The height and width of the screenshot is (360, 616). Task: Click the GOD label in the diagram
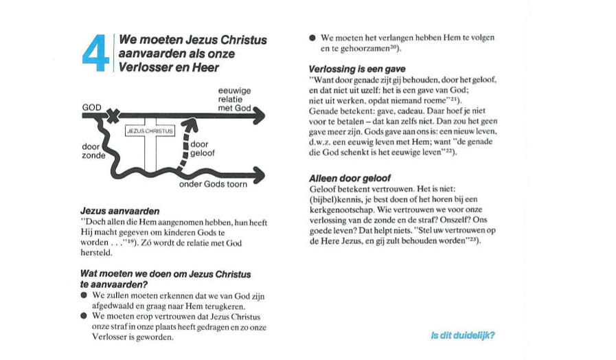[x=91, y=108]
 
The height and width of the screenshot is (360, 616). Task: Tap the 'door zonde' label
[x=93, y=150]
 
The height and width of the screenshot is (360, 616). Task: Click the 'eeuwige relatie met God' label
[x=234, y=99]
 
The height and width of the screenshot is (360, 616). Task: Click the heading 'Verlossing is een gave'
[x=357, y=69]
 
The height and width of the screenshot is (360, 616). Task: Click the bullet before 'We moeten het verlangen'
[x=312, y=38]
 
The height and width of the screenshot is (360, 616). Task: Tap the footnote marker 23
[x=473, y=241]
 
